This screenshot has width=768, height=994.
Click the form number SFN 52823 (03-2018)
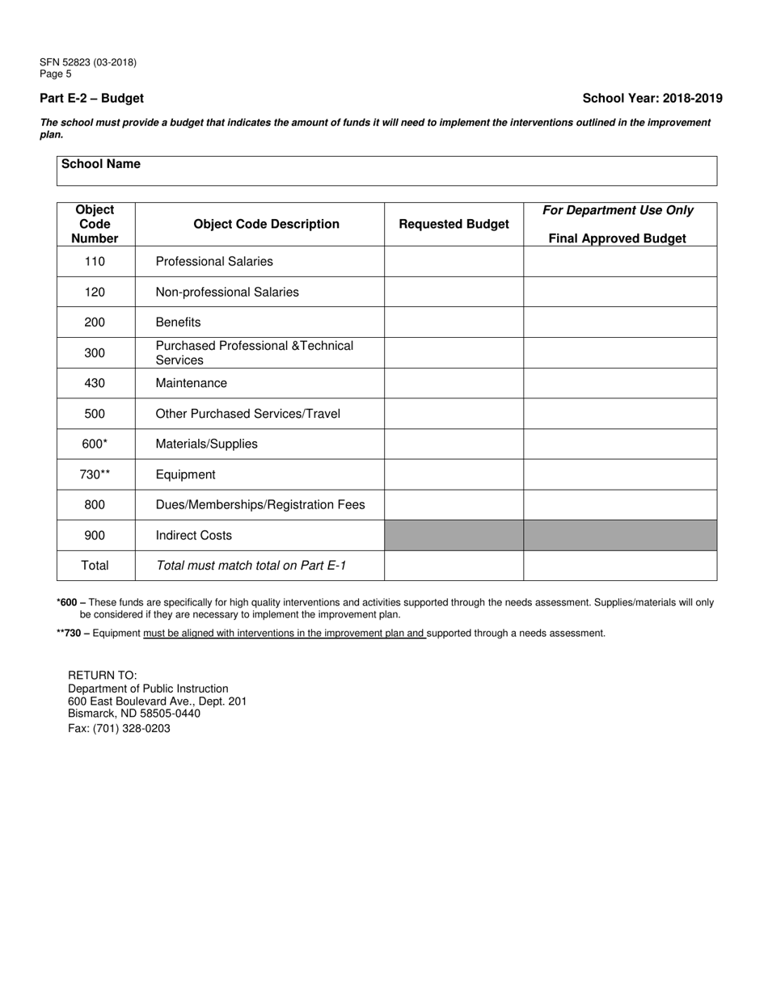point(87,62)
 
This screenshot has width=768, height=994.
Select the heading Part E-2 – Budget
point(91,99)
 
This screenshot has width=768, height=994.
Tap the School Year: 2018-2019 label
point(652,99)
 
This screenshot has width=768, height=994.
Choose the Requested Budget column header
point(454,224)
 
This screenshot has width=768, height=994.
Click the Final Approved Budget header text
point(617,238)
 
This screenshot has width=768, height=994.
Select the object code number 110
point(95,262)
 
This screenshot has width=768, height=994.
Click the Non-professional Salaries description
point(226,292)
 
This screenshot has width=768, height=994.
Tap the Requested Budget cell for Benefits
point(454,322)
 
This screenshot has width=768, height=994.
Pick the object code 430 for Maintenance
point(95,383)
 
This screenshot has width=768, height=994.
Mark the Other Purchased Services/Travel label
point(247,414)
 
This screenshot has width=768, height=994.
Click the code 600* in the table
point(95,444)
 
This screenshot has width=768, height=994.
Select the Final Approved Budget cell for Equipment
point(619,474)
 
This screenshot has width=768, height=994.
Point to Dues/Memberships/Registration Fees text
point(260,505)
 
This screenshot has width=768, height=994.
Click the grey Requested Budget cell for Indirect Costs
point(454,535)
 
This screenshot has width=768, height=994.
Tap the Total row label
point(95,566)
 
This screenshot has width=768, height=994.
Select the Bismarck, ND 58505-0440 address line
point(134,714)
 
